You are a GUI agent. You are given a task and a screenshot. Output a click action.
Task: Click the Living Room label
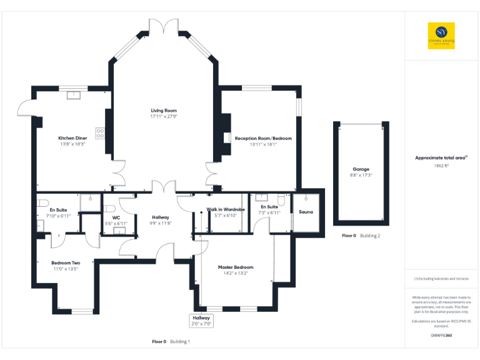[x=164, y=110]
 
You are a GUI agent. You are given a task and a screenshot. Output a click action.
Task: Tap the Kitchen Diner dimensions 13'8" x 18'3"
[x=72, y=144]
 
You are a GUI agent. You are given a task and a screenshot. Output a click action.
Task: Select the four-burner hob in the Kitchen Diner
[x=100, y=132]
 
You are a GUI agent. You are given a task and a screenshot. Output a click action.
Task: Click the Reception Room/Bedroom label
[x=262, y=138]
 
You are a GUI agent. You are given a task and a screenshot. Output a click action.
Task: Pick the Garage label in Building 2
[x=361, y=169]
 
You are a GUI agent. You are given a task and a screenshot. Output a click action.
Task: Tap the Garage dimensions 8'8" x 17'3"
[x=361, y=176]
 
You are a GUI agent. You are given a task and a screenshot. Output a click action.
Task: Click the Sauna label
[x=306, y=212]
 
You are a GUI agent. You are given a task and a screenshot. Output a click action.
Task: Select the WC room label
[x=116, y=217]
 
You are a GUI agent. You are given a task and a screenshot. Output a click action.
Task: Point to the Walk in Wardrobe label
[x=226, y=209]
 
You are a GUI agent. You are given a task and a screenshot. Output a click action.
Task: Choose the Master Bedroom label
[x=236, y=267]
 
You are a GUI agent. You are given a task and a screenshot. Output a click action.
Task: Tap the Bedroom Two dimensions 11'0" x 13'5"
[x=64, y=269]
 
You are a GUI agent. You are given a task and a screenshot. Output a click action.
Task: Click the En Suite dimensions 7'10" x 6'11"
[x=59, y=216]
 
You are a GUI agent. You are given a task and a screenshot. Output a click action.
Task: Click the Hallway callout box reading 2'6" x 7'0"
[x=202, y=321]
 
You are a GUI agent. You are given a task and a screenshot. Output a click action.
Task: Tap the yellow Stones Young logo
[x=441, y=36]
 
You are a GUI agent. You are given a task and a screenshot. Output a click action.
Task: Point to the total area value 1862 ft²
[x=442, y=166]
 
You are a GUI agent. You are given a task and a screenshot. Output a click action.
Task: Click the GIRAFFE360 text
[x=441, y=336]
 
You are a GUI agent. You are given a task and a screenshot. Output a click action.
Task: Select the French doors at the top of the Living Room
[x=164, y=26]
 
